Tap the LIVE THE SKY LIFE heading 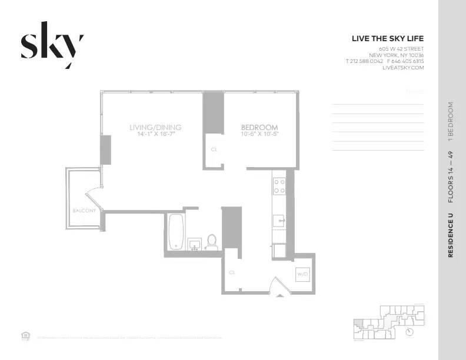387,39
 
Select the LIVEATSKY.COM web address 402,68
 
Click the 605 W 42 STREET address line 401,48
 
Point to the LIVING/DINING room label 155,127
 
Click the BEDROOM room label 259,127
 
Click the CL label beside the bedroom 214,149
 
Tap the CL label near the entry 232,272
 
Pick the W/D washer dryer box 302,274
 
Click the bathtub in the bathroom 176,231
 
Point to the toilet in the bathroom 212,241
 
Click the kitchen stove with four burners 279,186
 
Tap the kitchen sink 279,222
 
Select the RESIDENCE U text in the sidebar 451,235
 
